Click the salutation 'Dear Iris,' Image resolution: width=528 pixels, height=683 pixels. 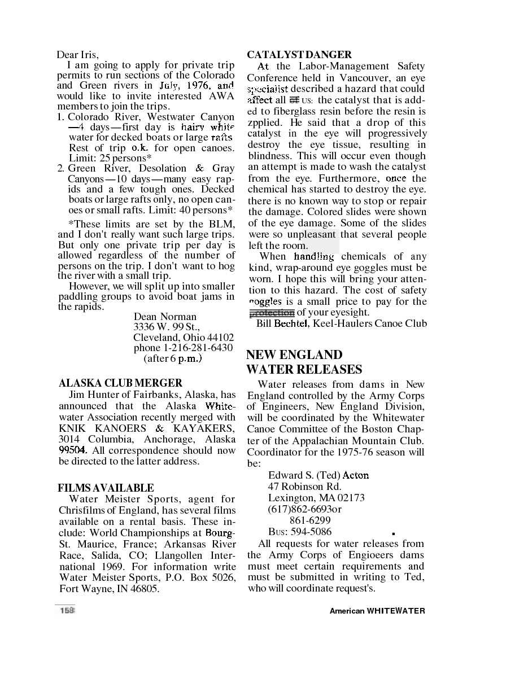77,55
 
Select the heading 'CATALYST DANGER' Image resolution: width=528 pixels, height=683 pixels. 299,55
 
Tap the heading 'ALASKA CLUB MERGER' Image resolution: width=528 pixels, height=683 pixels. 120,383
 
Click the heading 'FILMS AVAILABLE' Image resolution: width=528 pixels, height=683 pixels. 106,488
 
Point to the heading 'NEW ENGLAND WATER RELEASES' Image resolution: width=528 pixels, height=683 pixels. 304,362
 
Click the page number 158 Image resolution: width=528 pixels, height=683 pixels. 67,610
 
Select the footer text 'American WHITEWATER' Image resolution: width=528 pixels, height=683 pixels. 377,611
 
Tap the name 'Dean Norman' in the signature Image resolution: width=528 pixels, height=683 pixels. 165,317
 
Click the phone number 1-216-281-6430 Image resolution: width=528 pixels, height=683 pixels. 198,348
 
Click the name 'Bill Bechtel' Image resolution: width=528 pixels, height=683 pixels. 282,323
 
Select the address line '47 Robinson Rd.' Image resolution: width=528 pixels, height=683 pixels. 304,487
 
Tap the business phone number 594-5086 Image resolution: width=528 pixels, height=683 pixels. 311,532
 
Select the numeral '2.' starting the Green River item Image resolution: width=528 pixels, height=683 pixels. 62,168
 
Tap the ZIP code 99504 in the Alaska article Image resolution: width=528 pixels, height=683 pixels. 73,450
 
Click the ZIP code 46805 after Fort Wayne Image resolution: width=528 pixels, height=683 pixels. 143,588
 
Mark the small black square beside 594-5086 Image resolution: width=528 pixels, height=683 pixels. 392,533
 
